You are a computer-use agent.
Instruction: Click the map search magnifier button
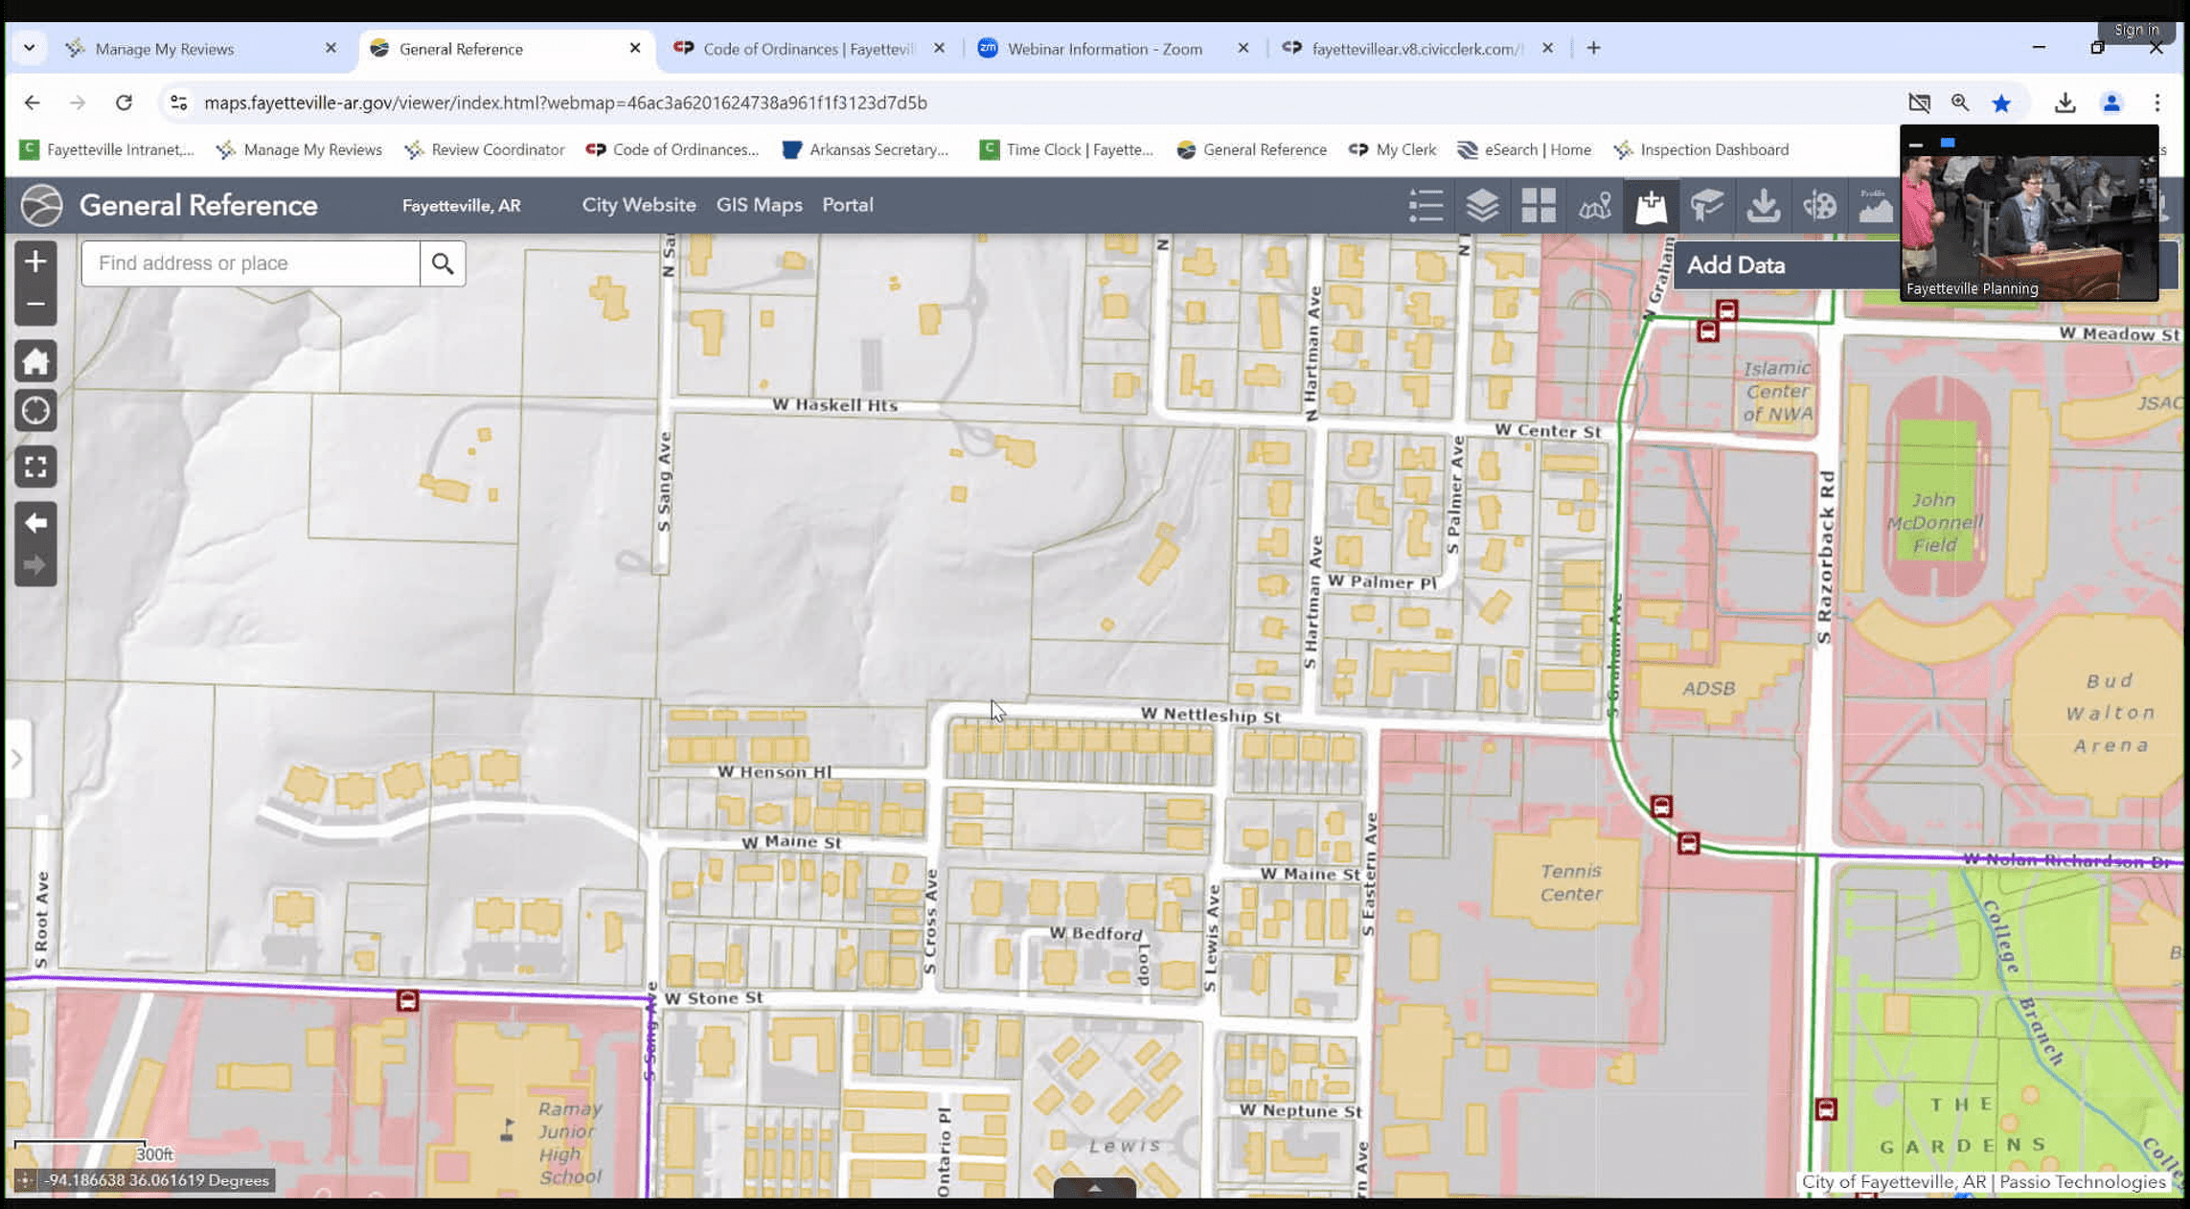[x=442, y=263]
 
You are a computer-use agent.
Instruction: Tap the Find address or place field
[x=250, y=263]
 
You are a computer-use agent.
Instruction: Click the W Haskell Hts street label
[x=834, y=405]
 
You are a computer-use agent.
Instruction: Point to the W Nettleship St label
[x=1210, y=716]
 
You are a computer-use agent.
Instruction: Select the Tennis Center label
[x=1570, y=882]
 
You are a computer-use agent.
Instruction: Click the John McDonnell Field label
[x=1933, y=522]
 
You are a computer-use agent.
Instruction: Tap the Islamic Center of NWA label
[x=1777, y=391]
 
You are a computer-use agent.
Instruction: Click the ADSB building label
[x=1708, y=688]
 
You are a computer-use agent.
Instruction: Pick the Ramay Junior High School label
[x=570, y=1142]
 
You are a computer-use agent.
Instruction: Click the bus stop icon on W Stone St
[x=407, y=1001]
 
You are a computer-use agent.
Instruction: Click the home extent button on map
[x=35, y=362]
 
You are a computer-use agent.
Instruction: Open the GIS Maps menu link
[x=759, y=205]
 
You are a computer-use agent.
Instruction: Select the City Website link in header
[x=638, y=205]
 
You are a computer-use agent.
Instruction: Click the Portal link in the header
[x=847, y=205]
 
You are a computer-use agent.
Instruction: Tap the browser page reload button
[x=124, y=103]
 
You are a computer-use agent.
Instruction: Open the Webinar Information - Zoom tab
[x=1104, y=49]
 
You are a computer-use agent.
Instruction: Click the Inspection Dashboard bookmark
[x=1713, y=149]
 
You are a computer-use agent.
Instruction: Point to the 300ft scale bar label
[x=154, y=1154]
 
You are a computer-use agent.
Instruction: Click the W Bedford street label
[x=1096, y=934]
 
